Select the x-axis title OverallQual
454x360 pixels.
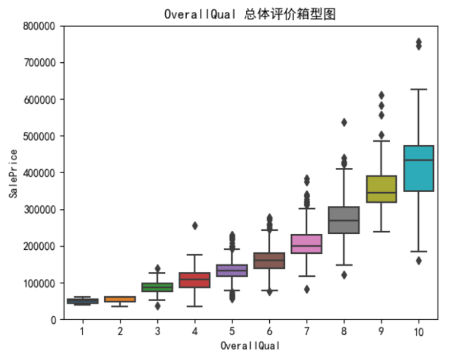point(250,346)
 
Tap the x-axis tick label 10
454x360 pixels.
point(418,332)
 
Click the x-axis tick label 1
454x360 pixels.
point(82,332)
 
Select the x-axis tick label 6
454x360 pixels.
point(269,332)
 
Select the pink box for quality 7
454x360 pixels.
point(306,244)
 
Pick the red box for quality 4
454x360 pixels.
point(194,280)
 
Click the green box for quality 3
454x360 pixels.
point(157,287)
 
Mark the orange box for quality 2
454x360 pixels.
point(119,299)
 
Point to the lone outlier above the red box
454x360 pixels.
point(195,226)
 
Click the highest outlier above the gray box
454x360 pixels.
point(343,122)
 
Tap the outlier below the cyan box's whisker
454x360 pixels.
point(419,261)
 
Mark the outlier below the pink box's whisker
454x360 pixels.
point(307,289)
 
